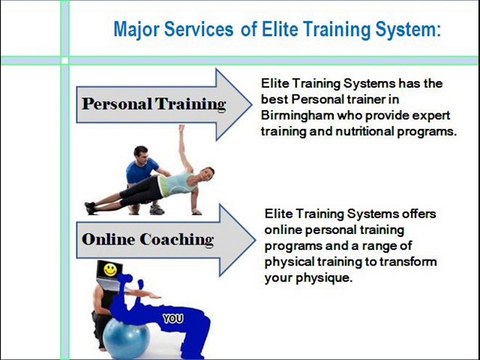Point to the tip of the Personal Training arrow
tap(251, 103)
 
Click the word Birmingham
tap(304, 115)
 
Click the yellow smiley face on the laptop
tap(105, 270)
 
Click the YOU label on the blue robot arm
tap(173, 319)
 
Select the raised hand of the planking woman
tap(182, 130)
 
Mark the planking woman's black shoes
tap(91, 208)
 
